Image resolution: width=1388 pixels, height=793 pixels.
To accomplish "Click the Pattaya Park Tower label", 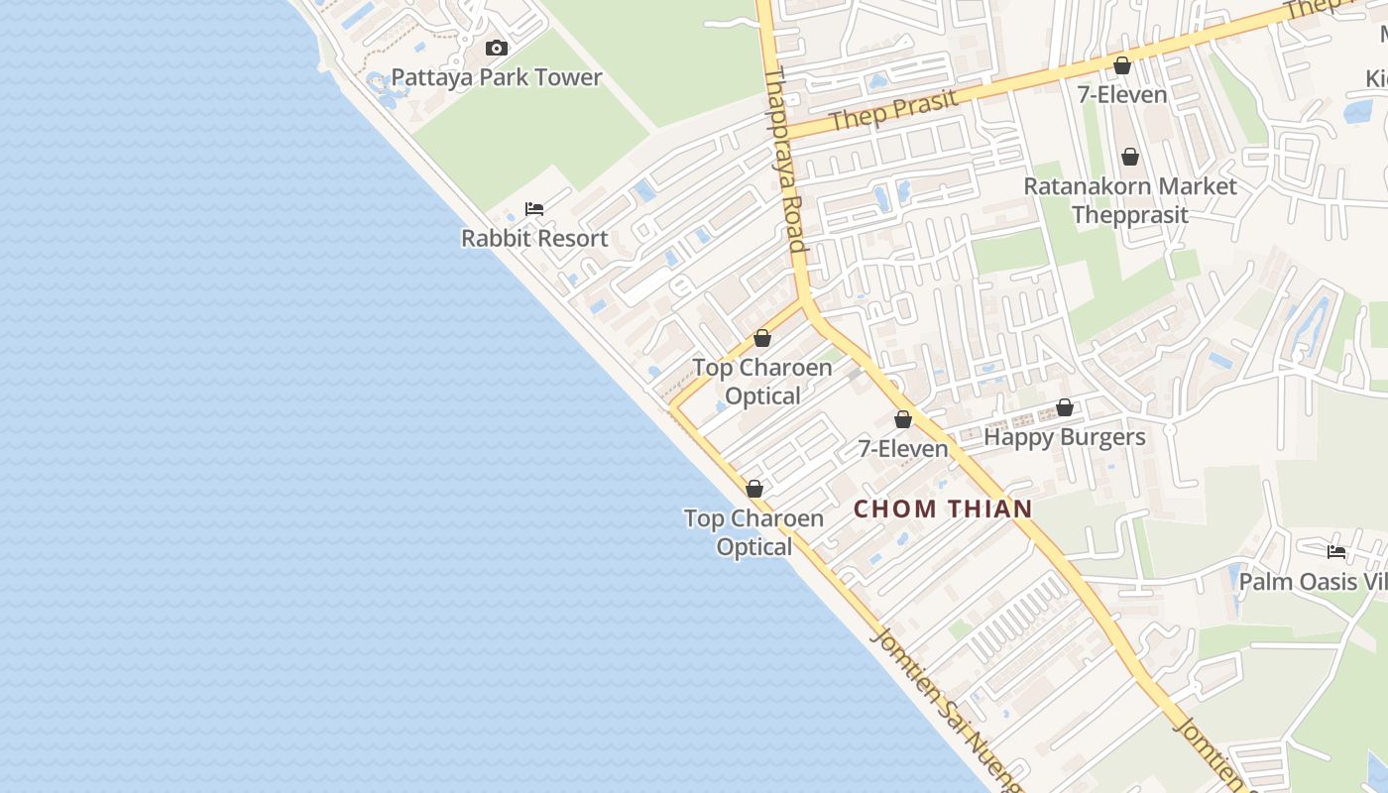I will click(x=496, y=77).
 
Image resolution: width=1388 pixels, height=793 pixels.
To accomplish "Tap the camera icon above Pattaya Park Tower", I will click(x=496, y=48).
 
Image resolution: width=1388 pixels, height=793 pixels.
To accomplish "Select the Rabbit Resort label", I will click(x=534, y=238).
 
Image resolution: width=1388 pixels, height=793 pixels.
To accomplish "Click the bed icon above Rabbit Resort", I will click(x=534, y=208).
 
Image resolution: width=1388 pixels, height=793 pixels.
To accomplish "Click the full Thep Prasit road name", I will click(x=894, y=110).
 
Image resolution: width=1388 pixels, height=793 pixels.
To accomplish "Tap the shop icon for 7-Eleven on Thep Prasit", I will click(x=1122, y=66).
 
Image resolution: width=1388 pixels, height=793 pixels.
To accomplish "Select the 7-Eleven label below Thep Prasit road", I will click(x=1122, y=95).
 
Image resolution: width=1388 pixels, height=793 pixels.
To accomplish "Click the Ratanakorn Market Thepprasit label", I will click(x=1129, y=200).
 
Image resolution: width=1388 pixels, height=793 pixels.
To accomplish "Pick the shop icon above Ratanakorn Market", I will click(x=1129, y=157).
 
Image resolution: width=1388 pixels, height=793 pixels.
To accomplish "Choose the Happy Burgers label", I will click(x=1064, y=437).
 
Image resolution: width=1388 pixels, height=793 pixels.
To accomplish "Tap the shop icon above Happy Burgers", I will click(x=1064, y=407).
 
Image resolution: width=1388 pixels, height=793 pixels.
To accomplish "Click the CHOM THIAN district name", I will click(x=943, y=510).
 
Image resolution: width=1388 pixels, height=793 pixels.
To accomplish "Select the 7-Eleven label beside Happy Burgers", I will click(x=902, y=449).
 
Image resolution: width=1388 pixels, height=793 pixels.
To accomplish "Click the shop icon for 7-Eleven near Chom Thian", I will click(x=902, y=419).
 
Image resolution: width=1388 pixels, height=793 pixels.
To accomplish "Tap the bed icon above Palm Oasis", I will click(x=1336, y=552).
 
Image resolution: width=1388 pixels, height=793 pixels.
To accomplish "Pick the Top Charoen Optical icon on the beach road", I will click(x=753, y=489).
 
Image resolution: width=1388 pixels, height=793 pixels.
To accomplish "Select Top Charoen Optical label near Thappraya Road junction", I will click(x=761, y=382).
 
